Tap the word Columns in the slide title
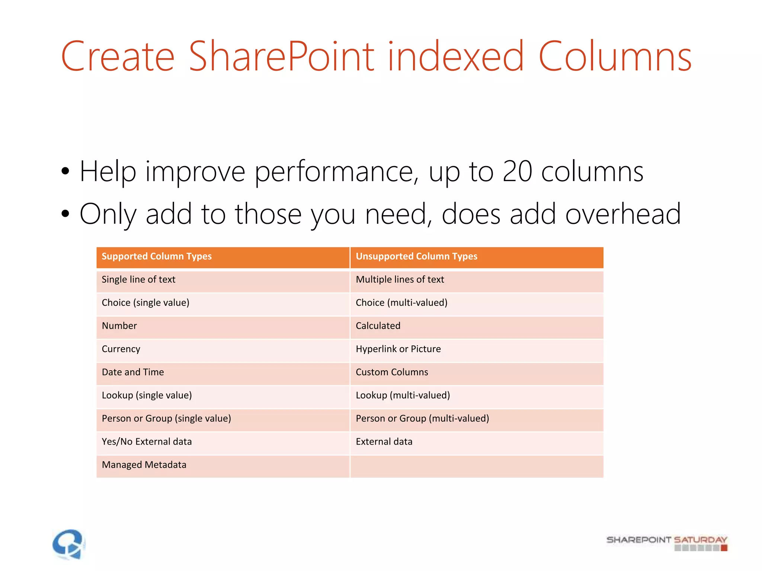[x=615, y=57]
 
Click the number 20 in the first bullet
[x=517, y=172]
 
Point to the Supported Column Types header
[x=157, y=257]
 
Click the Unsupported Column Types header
[x=416, y=257]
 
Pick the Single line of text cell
[x=138, y=280]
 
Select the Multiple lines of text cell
[x=400, y=280]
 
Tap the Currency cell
[x=121, y=349]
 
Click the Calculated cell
[x=378, y=326]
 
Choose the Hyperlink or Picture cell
[x=398, y=349]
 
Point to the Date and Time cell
[x=133, y=372]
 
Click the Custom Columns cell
[x=392, y=372]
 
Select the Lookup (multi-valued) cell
[x=403, y=395]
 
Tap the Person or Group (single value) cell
[x=166, y=419]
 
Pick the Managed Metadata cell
[x=144, y=465]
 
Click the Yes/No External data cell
[x=147, y=442]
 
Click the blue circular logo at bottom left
[x=69, y=544]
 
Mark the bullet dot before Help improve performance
[x=65, y=171]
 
